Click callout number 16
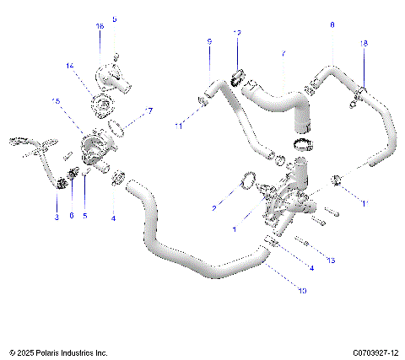(x=100, y=26)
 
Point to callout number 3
(x=57, y=218)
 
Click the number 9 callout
(x=209, y=40)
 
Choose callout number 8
(x=332, y=26)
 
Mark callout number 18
(x=364, y=42)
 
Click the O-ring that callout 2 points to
(x=247, y=180)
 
